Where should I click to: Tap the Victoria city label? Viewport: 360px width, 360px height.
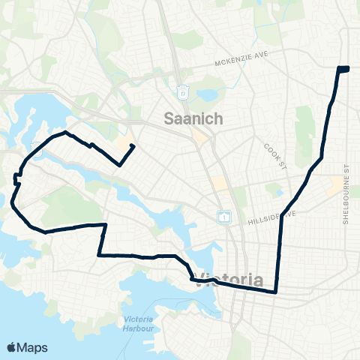229,280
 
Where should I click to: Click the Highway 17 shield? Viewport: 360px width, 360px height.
182,91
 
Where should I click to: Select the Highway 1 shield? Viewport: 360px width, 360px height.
223,217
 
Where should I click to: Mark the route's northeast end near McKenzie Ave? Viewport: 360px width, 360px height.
343,69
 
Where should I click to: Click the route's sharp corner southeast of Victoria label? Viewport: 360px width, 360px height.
276,292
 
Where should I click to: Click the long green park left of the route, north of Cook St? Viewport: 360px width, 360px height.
303,124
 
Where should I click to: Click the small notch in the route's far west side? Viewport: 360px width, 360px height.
16,178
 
